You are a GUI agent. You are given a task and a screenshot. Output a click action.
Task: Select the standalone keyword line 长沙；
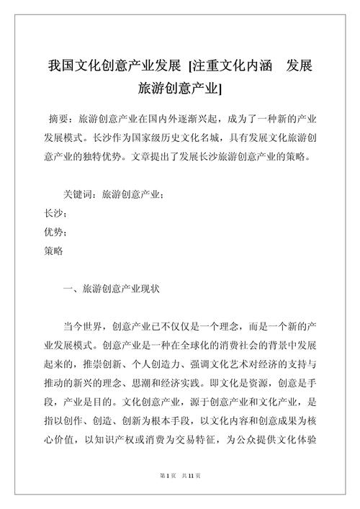pyautogui.click(x=56, y=215)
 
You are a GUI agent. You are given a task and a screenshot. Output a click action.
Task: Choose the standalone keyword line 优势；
pyautogui.click(x=56, y=233)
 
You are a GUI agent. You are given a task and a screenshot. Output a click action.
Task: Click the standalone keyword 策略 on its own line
pyautogui.click(x=53, y=252)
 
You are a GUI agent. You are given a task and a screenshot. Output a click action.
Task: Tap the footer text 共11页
pyautogui.click(x=191, y=495)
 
